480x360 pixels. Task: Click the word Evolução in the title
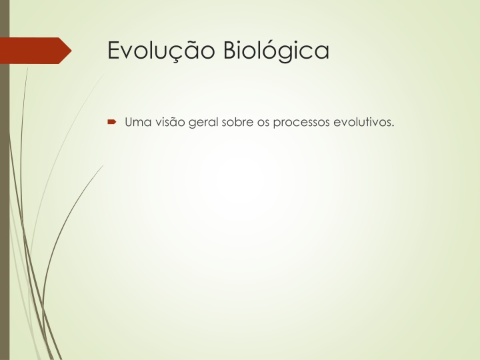[161, 51]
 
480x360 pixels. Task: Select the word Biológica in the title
[276, 50]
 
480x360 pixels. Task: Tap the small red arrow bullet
[112, 122]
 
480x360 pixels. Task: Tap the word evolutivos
[362, 122]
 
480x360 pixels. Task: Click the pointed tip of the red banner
[71, 51]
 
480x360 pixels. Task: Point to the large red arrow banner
[36, 51]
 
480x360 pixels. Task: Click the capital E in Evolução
[113, 50]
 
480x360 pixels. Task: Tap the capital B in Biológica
[229, 50]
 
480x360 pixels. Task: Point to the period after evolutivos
[393, 125]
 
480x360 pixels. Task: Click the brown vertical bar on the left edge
[5, 180]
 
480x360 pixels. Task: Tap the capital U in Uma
[129, 122]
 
